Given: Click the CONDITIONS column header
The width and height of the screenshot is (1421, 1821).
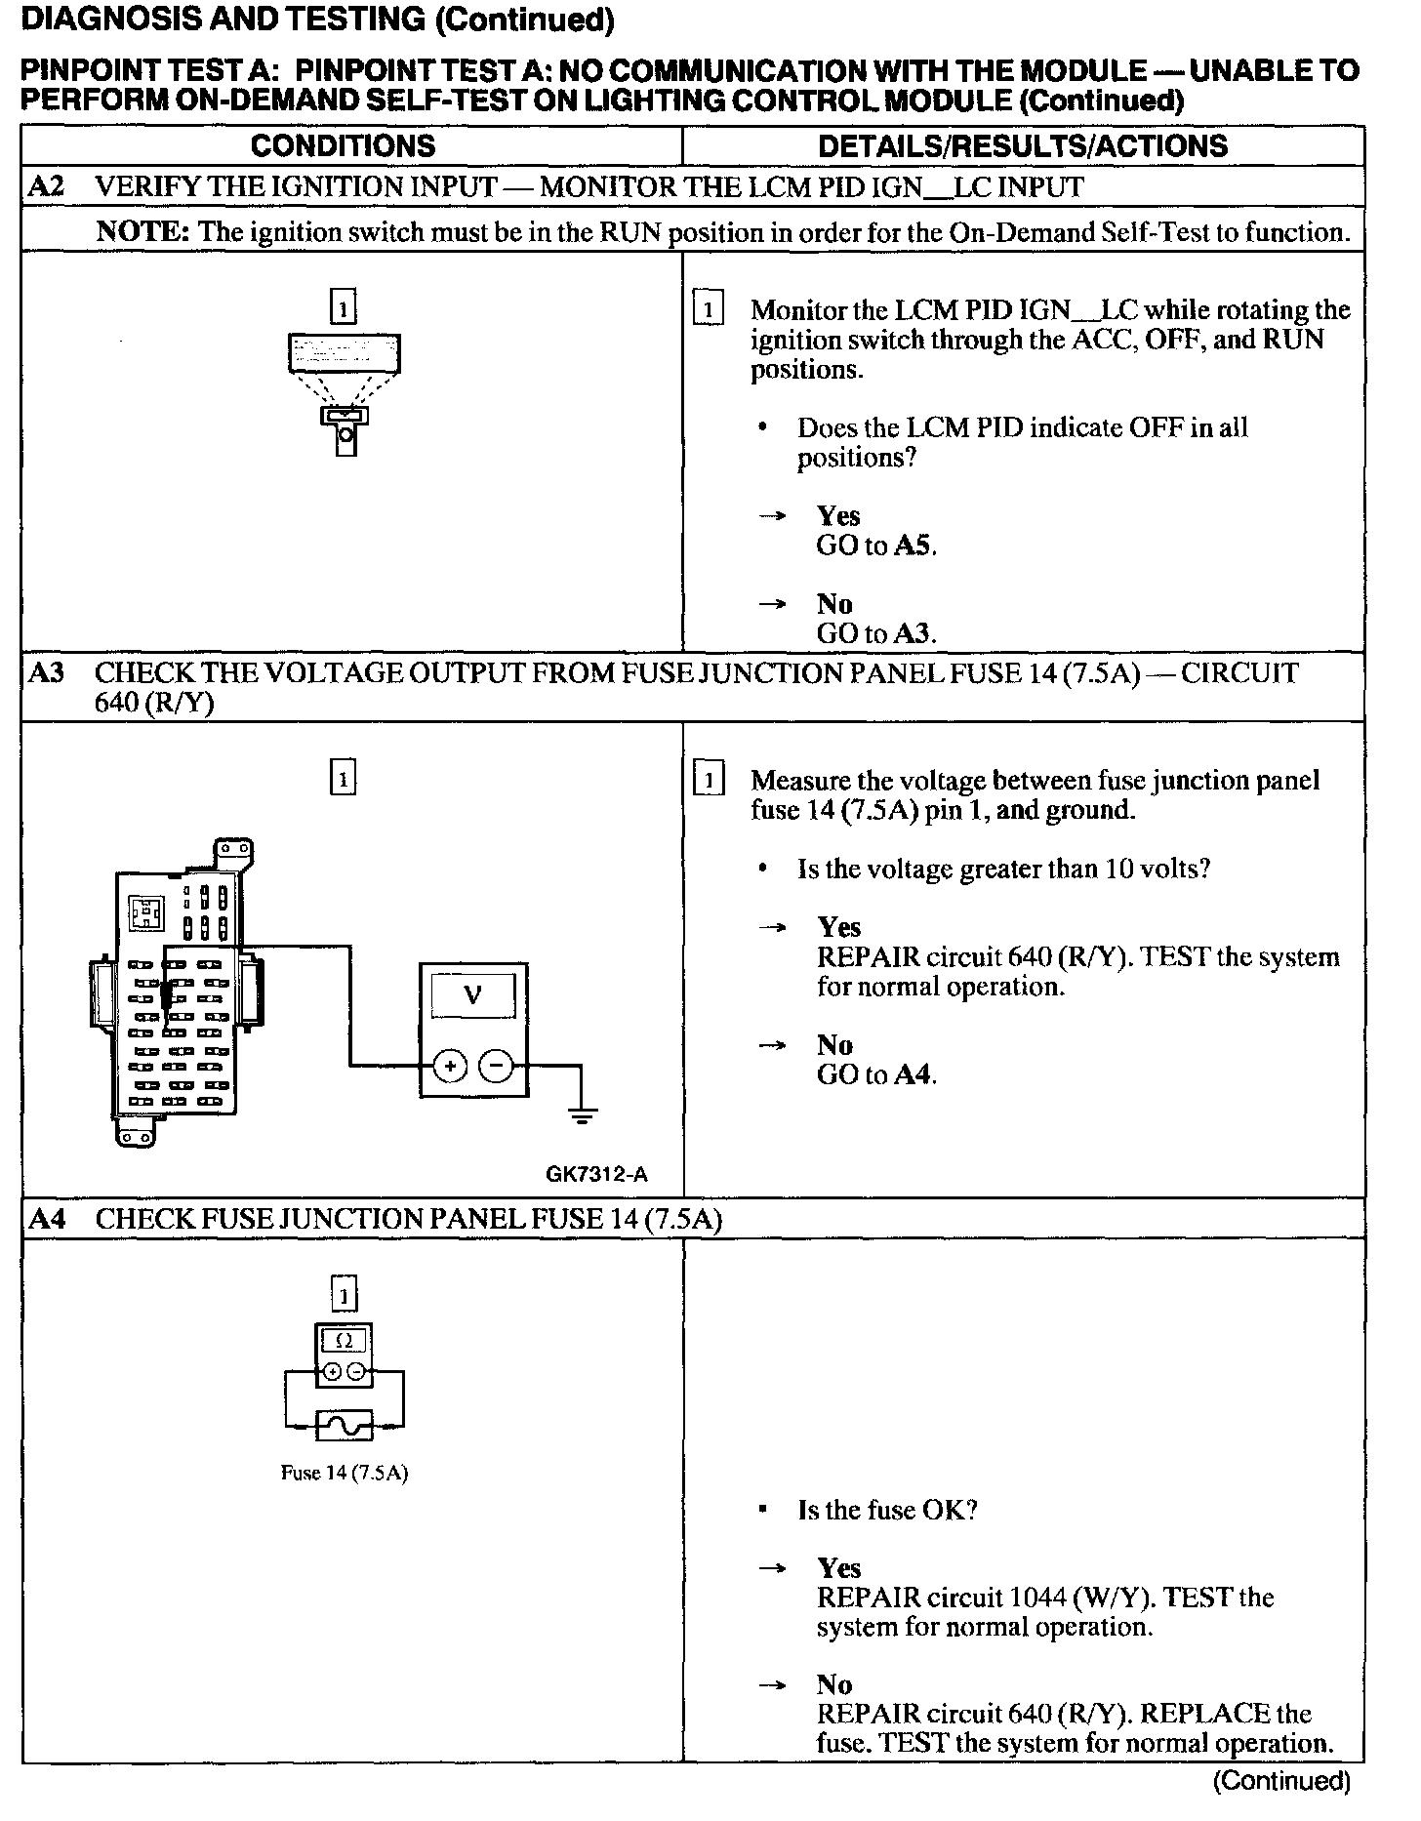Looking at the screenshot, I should tap(343, 146).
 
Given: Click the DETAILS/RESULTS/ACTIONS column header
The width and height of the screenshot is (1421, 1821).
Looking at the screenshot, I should tap(1022, 146).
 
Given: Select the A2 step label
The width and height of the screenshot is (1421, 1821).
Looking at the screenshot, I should tap(46, 186).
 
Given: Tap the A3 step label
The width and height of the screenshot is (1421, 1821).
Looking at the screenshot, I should tap(46, 673).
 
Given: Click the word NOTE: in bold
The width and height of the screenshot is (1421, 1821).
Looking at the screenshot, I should tap(142, 232).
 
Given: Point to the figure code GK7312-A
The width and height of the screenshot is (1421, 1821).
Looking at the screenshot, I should tap(596, 1175).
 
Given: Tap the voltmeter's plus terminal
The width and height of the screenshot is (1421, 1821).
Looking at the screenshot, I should tap(450, 1067).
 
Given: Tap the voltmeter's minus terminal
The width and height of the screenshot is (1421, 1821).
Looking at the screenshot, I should tap(498, 1067).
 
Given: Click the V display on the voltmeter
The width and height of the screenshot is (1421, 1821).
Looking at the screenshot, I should tap(473, 995).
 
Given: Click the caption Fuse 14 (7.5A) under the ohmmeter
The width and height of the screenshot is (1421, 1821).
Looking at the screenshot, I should tap(344, 1473).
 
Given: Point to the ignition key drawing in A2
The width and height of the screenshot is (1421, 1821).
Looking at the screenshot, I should tap(345, 429).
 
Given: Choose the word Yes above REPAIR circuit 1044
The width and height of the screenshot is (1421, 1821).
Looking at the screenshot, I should tap(838, 1568).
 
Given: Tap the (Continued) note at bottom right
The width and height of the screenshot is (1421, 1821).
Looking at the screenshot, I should tap(1280, 1781).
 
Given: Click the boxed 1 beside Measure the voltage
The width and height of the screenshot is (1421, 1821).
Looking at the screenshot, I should tap(708, 780).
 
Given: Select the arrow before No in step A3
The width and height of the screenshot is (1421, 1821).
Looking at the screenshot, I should tap(772, 1045).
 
